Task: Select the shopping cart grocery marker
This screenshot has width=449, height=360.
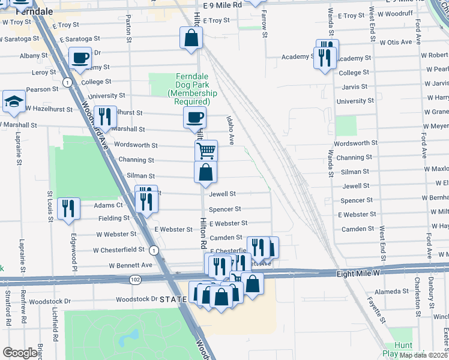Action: tap(206, 150)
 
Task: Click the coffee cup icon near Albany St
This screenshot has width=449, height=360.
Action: tap(80, 58)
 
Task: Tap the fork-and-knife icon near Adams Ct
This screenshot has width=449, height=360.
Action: tap(68, 209)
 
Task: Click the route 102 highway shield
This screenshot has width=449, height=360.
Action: tap(134, 280)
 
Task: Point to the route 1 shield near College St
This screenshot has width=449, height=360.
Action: tap(69, 82)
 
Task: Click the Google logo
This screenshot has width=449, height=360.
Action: tap(20, 353)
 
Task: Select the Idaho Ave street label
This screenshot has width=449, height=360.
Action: tap(231, 130)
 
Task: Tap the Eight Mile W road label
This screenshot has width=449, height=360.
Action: tap(357, 273)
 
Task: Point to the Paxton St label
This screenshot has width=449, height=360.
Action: tap(128, 32)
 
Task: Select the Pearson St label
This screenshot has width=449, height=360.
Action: tap(43, 89)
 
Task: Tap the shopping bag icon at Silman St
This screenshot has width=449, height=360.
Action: tap(205, 173)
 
